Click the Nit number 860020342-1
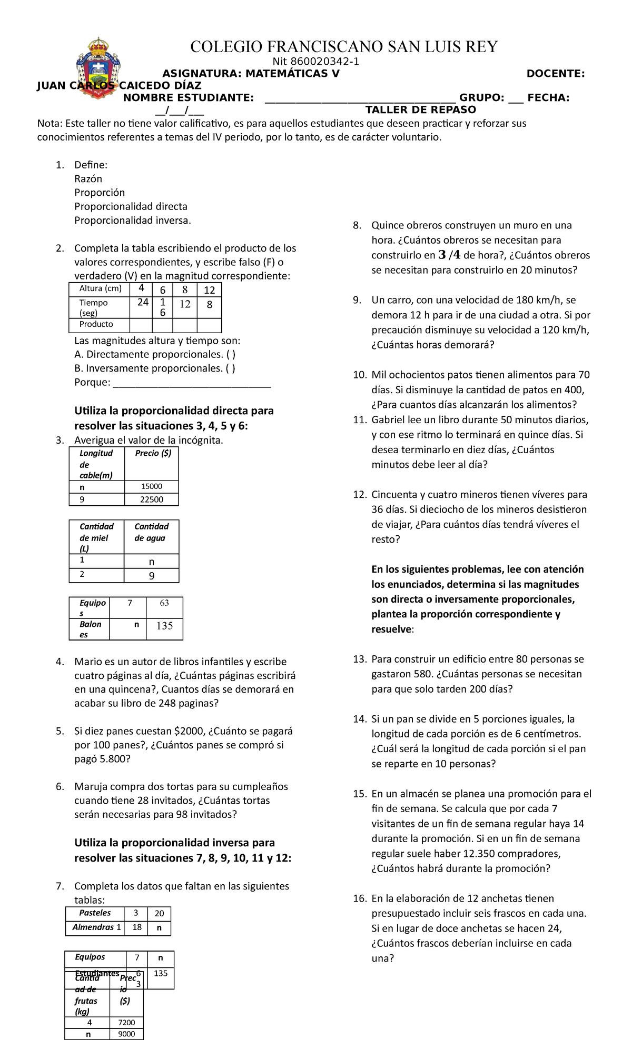click(315, 62)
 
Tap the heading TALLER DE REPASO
click(420, 109)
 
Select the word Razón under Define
click(88, 179)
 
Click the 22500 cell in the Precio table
click(152, 499)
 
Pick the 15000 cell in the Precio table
click(152, 487)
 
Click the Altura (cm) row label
click(100, 289)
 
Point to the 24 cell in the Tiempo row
click(143, 303)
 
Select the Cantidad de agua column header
click(151, 532)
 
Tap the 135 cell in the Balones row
click(164, 626)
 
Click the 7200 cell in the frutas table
click(126, 1023)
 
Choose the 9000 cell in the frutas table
click(126, 1034)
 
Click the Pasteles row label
click(95, 913)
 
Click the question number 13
click(359, 659)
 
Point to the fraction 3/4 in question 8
click(449, 255)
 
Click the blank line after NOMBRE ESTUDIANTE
click(360, 98)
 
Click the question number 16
click(359, 898)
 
